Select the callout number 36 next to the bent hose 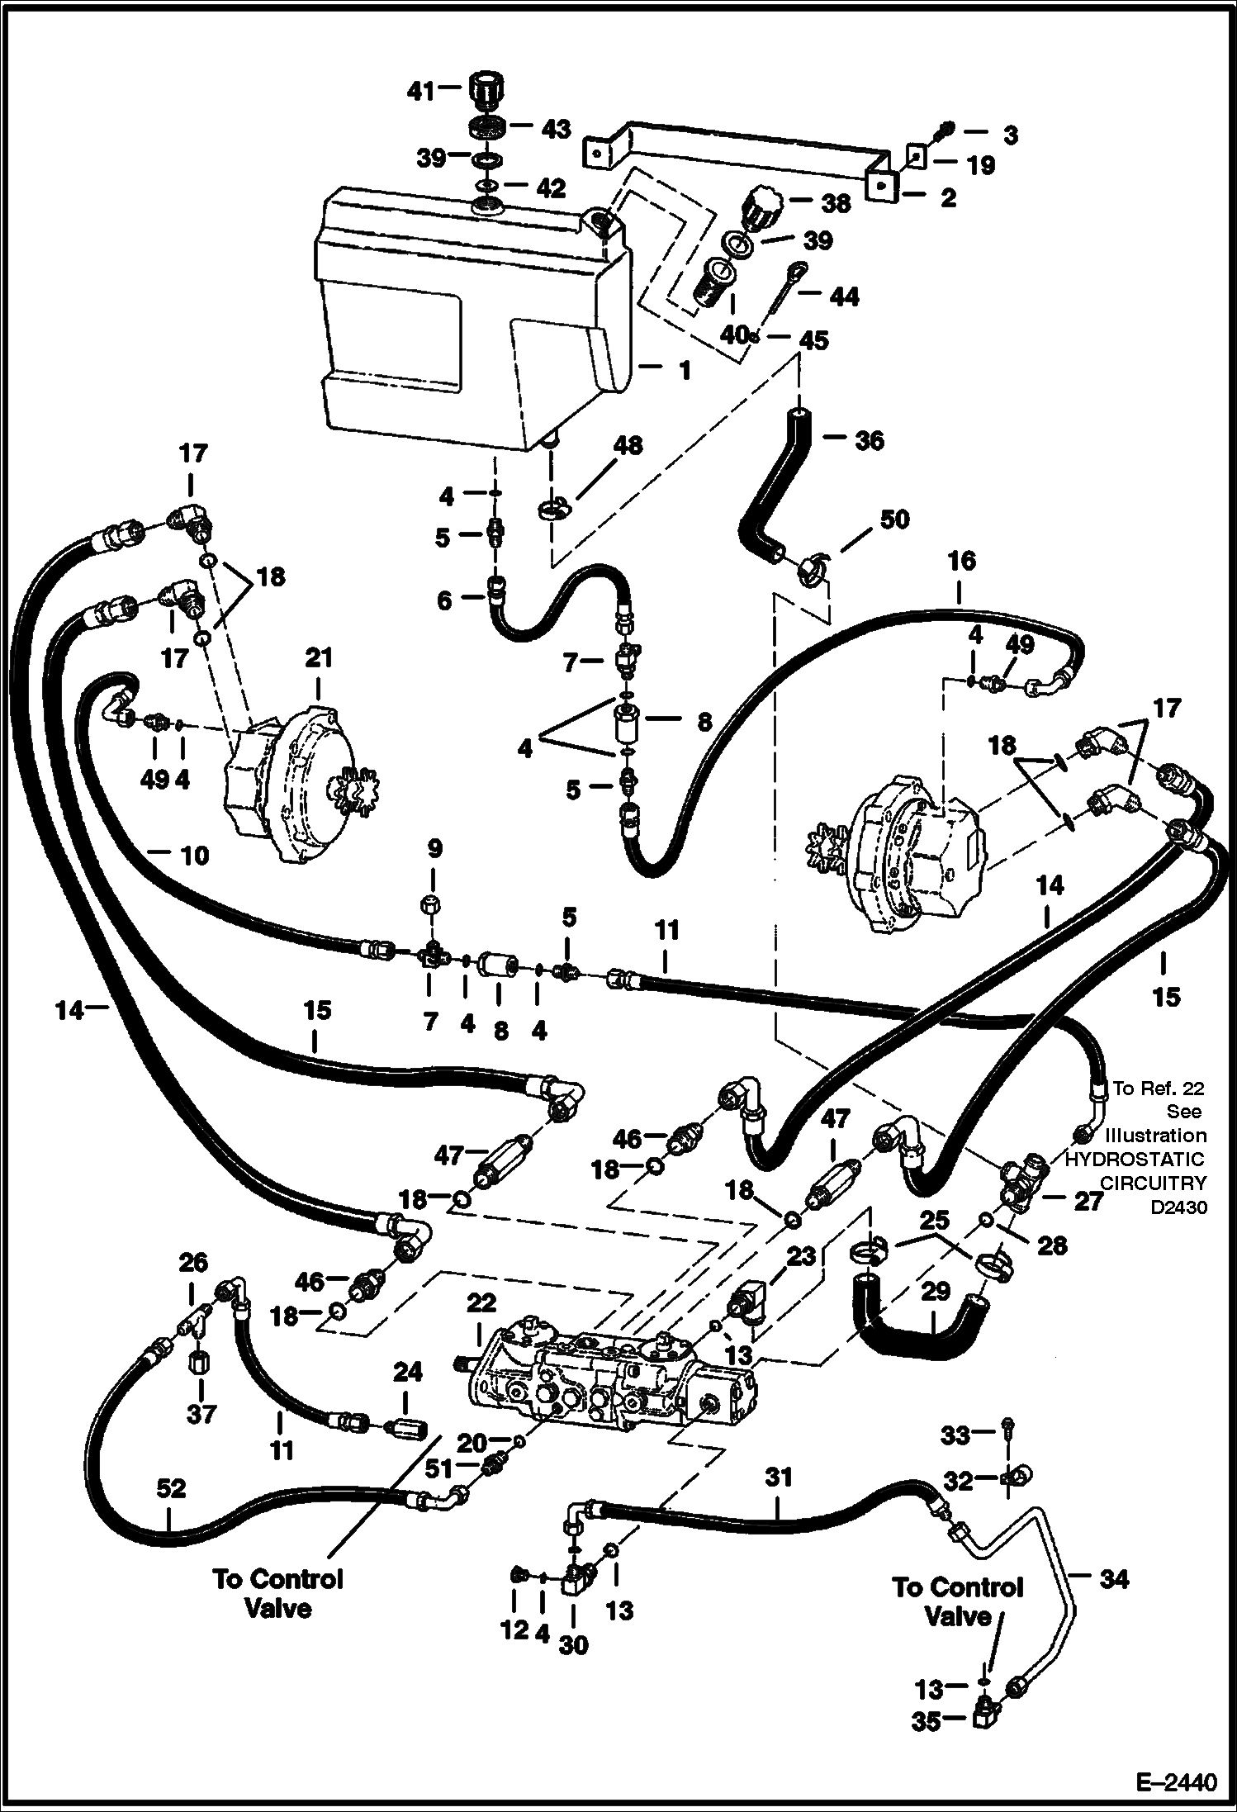coord(869,440)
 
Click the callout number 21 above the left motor coord(319,658)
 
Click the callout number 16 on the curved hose coord(962,562)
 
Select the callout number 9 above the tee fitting coord(435,848)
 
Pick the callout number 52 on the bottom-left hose coord(171,1489)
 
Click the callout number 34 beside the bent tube coord(1113,1580)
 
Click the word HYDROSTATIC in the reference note coord(1134,1159)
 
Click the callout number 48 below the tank coord(628,445)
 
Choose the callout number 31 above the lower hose coord(778,1476)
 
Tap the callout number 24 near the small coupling coord(407,1373)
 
